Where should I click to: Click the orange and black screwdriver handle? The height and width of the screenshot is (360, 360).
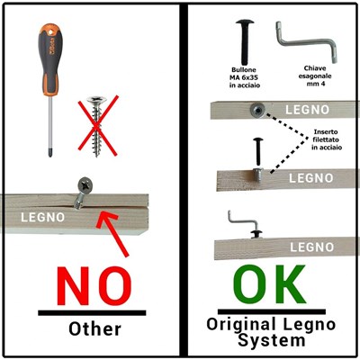click(50, 60)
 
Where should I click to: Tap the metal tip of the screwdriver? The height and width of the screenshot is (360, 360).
click(50, 152)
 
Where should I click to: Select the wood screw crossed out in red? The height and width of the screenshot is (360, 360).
click(96, 126)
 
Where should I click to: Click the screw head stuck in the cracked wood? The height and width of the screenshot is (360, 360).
click(85, 184)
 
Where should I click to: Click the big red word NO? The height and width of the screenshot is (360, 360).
click(94, 286)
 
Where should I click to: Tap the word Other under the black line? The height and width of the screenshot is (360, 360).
click(94, 329)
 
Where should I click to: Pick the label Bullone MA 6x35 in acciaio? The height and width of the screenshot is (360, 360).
click(244, 77)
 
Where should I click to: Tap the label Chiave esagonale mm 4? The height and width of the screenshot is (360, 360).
click(315, 76)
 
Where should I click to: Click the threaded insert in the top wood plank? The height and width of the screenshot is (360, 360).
click(257, 111)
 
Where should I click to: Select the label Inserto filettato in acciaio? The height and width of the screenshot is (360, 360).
click(327, 139)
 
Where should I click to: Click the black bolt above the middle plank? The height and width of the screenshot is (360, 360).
click(258, 152)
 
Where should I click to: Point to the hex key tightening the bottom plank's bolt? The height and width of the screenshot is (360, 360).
click(242, 220)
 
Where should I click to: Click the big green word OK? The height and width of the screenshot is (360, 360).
click(269, 284)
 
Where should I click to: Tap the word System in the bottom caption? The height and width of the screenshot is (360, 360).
click(272, 340)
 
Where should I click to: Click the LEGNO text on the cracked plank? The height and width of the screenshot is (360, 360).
click(42, 217)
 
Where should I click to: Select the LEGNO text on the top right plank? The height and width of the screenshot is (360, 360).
click(307, 110)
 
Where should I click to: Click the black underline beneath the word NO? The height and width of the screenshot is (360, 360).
click(92, 313)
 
